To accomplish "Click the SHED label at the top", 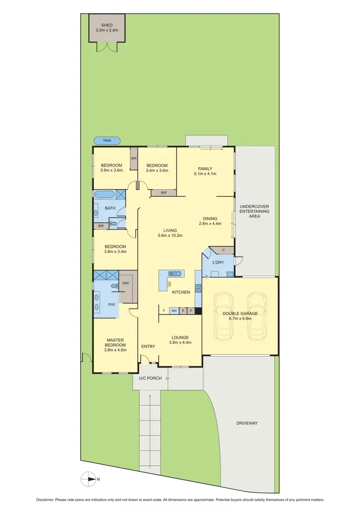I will (x=107, y=25).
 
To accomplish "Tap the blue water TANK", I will (x=107, y=141).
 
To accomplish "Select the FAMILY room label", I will (x=205, y=168).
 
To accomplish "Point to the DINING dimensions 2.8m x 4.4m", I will (x=210, y=223).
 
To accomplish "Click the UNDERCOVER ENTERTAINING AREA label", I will (x=254, y=211).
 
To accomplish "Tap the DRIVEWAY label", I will (x=247, y=423).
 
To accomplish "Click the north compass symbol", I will (x=89, y=479).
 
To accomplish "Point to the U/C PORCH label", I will (x=150, y=378).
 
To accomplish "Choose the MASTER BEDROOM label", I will (x=116, y=342).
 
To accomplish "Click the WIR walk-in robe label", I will (x=126, y=283).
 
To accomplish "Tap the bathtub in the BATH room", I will (x=104, y=195).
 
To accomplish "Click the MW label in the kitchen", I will (x=174, y=311).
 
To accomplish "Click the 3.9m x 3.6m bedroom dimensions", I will (x=112, y=170).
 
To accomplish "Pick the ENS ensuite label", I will (x=111, y=304).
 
